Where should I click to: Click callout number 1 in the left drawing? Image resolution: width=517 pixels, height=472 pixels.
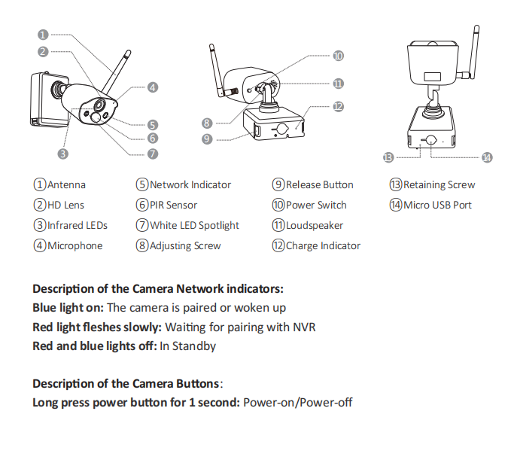(43, 35)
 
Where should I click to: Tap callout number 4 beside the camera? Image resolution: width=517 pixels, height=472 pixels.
(152, 87)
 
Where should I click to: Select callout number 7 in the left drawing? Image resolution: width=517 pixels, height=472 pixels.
(152, 154)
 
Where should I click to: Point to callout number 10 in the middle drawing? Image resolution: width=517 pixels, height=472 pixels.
(338, 56)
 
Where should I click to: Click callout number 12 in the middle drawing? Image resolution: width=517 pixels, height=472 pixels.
(338, 107)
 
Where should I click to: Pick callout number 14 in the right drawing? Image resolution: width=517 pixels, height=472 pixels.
(487, 157)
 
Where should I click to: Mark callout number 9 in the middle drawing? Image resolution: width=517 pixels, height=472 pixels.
(207, 139)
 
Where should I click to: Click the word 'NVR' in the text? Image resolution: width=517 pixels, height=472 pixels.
(304, 327)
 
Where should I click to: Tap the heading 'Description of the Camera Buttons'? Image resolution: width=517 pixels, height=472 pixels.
(126, 384)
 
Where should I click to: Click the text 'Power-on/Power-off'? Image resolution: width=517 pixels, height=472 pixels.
(298, 403)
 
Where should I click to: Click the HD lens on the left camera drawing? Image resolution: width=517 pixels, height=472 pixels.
(99, 106)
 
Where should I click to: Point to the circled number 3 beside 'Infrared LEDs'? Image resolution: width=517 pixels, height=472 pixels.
(40, 226)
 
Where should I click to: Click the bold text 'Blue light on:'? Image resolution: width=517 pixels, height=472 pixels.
(68, 308)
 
